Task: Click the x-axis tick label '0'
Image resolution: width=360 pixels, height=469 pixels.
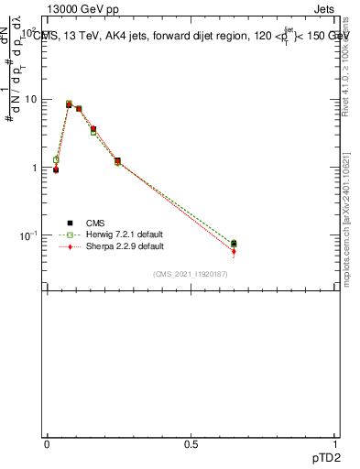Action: click(x=47, y=444)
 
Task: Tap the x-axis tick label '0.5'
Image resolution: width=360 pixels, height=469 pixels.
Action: click(x=191, y=444)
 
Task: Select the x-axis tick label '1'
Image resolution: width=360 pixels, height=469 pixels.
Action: click(x=335, y=444)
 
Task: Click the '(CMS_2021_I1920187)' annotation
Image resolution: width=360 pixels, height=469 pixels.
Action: click(x=191, y=274)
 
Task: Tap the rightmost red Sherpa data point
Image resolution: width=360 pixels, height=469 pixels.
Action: click(x=234, y=251)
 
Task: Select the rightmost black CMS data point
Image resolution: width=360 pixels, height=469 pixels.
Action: click(x=234, y=244)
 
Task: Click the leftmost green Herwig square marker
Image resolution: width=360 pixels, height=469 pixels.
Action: click(x=56, y=159)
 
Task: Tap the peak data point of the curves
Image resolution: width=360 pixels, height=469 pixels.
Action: click(x=70, y=104)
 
